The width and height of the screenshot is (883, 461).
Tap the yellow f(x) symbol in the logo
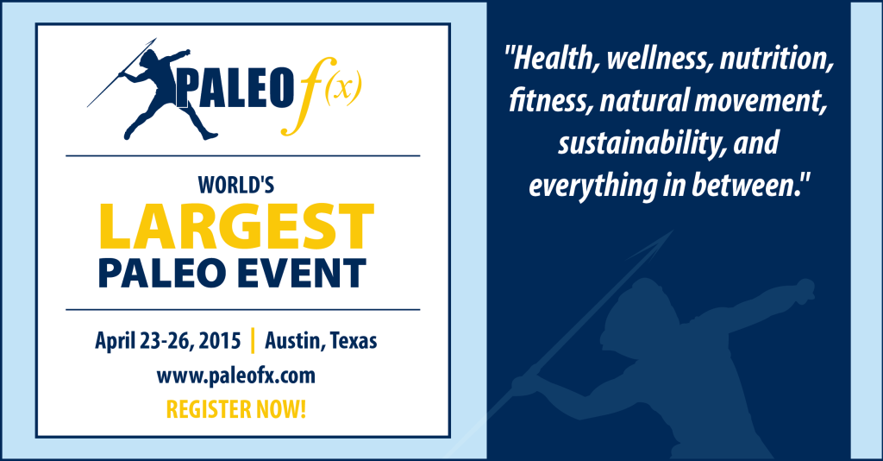point(322,96)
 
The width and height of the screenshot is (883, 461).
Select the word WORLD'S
point(236,185)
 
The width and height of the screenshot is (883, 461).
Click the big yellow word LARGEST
point(236,226)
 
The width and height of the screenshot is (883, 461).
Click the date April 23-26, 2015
point(168,341)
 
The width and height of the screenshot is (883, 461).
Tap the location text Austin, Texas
point(321,341)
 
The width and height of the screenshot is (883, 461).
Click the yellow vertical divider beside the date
point(253,340)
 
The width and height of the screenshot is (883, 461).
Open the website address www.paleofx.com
point(236,376)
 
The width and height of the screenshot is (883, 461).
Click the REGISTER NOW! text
point(236,409)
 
